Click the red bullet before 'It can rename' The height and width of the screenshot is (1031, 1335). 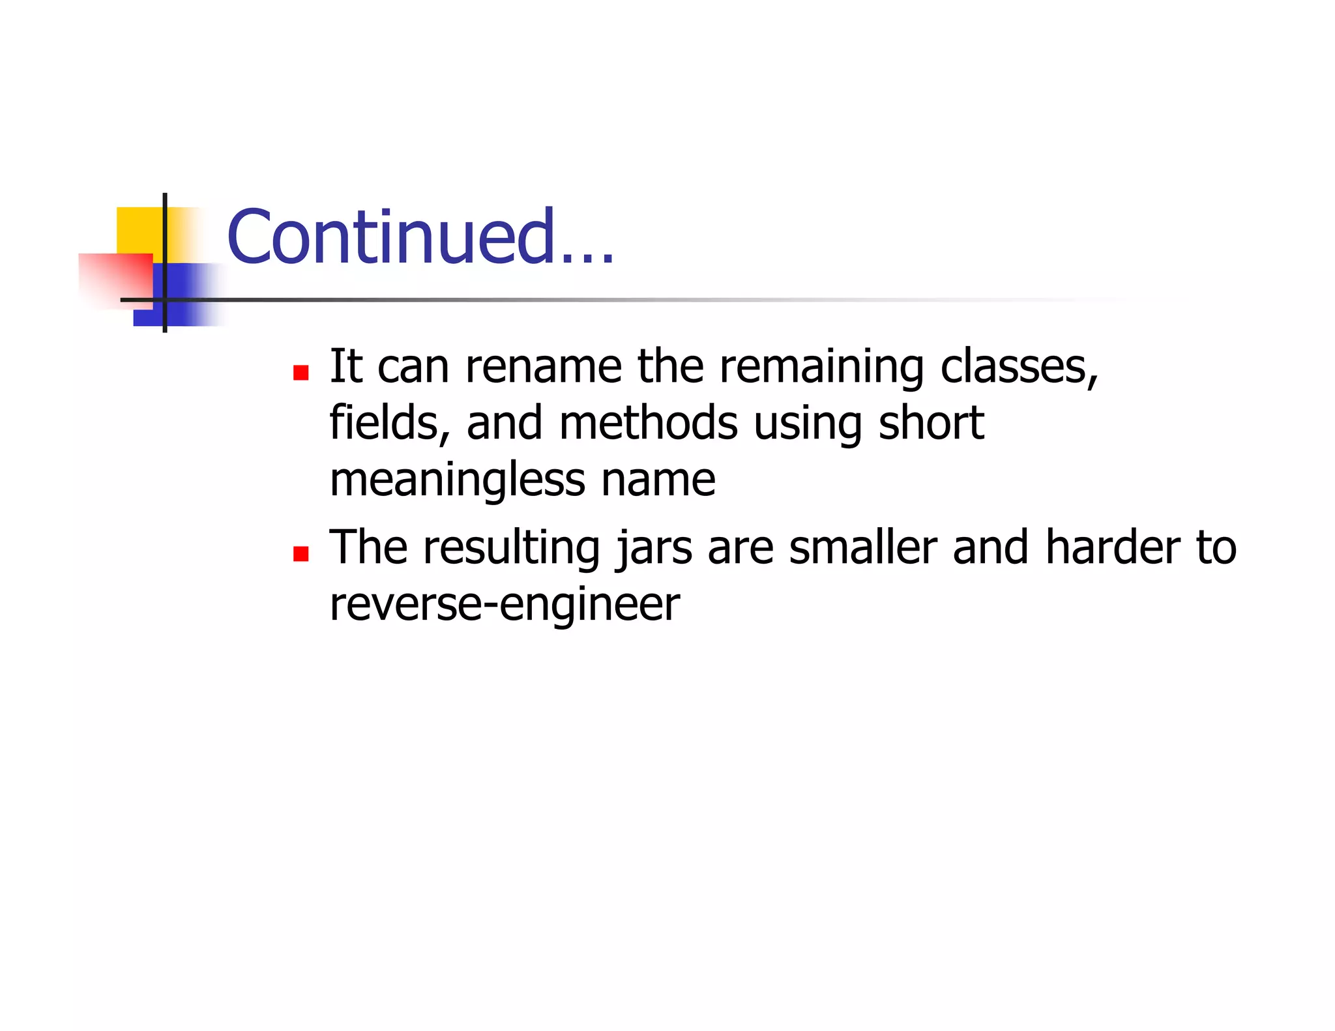(x=301, y=373)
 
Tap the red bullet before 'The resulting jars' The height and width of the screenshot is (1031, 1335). (x=301, y=554)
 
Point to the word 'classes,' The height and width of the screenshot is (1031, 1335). (x=1019, y=366)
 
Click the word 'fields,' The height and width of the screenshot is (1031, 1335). (x=390, y=423)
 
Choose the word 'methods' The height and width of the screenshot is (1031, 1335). (x=648, y=423)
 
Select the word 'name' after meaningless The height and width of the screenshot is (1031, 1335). (x=658, y=480)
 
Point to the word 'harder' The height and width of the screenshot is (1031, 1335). (x=1113, y=547)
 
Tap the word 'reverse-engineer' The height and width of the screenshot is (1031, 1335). (x=505, y=604)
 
